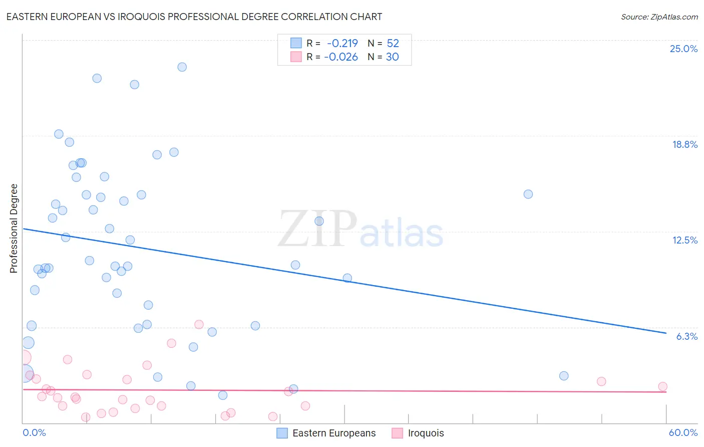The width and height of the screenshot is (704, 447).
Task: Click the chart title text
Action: click(194, 17)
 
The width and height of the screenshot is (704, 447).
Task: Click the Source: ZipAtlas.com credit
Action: click(659, 17)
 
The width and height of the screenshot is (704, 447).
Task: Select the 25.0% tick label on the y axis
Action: click(683, 49)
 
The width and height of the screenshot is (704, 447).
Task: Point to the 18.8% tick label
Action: click(684, 144)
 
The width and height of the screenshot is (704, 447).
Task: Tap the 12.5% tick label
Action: click(684, 240)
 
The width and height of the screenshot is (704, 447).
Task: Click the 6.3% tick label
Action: click(686, 336)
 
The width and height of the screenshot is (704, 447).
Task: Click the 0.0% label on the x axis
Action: click(34, 432)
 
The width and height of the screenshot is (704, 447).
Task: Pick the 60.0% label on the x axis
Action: click(682, 432)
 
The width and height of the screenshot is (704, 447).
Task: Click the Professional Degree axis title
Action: click(14, 229)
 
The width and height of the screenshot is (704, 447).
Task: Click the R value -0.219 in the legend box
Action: click(342, 43)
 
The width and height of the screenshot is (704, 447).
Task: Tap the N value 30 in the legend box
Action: click(392, 57)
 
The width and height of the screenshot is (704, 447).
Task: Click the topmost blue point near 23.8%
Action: click(182, 67)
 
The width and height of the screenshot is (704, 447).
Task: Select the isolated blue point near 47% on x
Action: click(528, 194)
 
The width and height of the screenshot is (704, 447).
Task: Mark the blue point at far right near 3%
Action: click(564, 376)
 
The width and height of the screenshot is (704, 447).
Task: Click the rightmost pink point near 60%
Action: click(662, 386)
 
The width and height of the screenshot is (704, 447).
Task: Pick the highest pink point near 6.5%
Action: click(199, 324)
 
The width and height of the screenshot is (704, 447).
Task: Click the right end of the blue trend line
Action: click(666, 333)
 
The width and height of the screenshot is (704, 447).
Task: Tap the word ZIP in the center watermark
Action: click(317, 230)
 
